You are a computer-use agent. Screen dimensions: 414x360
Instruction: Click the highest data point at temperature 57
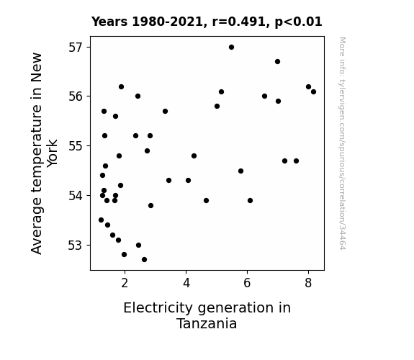(231, 48)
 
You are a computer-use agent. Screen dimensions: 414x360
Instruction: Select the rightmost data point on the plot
(313, 92)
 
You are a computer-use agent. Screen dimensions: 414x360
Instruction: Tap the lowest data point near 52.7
(144, 260)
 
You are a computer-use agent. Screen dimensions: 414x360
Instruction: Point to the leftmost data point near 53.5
(101, 220)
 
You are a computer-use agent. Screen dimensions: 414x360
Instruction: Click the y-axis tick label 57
(76, 48)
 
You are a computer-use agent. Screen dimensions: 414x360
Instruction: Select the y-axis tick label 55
(76, 146)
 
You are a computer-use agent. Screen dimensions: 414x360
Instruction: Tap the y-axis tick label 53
(76, 246)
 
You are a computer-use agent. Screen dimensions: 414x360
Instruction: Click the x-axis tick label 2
(125, 283)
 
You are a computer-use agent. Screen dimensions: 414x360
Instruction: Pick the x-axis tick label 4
(186, 283)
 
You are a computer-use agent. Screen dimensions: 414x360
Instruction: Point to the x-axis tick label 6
(247, 283)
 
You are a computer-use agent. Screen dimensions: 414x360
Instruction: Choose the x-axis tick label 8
(308, 283)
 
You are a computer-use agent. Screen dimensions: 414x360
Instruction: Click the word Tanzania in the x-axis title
(207, 324)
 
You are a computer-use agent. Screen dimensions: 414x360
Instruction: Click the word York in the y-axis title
(52, 153)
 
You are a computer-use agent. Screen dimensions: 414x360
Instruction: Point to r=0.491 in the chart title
(239, 22)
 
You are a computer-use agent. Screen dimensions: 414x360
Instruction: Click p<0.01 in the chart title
(298, 22)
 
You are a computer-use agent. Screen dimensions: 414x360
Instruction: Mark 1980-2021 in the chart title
(167, 22)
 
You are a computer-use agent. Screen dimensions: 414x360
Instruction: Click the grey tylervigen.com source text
(342, 143)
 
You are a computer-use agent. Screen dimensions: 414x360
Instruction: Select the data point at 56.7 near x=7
(277, 61)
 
